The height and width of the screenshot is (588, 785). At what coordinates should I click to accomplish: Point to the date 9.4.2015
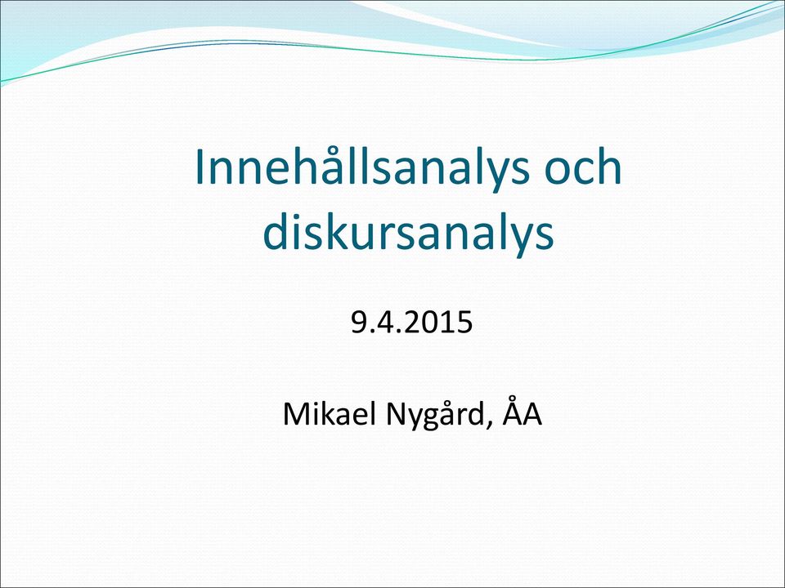(x=411, y=322)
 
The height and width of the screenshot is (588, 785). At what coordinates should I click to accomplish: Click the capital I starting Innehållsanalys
(x=199, y=167)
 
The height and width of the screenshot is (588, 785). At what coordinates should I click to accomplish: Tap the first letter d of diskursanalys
(x=276, y=231)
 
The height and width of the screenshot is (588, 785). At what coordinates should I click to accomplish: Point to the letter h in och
(x=608, y=166)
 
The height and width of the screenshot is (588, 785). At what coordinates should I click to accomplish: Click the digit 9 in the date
(x=358, y=322)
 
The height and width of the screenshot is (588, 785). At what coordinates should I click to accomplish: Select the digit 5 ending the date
(x=464, y=322)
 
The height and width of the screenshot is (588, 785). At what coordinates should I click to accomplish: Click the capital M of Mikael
(x=296, y=413)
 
